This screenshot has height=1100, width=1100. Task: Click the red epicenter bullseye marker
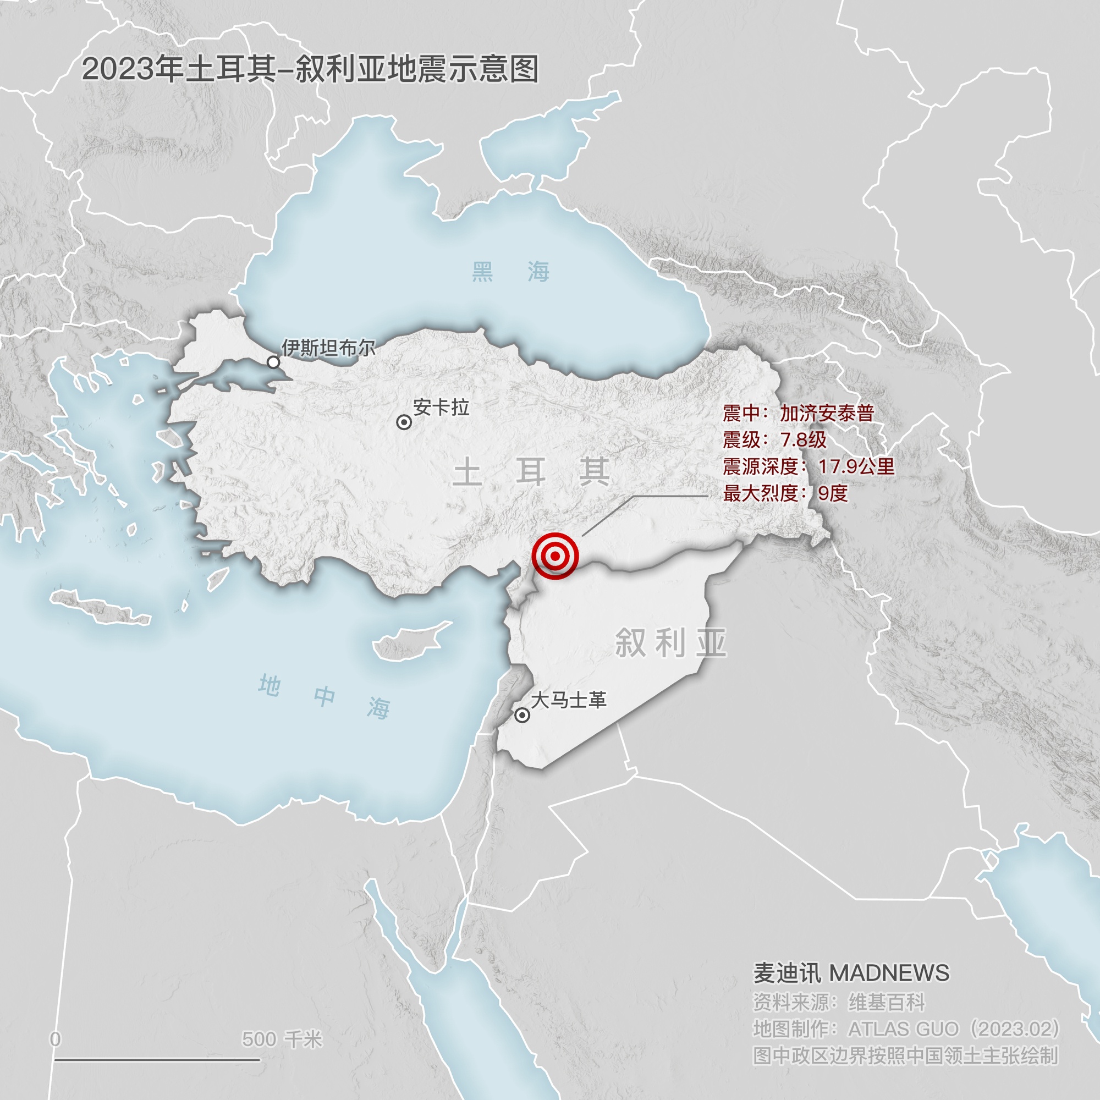point(554,555)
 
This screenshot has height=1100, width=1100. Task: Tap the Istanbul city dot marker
point(273,362)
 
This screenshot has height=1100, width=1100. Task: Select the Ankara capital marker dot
point(404,422)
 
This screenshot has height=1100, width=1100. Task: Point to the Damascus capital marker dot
point(521,715)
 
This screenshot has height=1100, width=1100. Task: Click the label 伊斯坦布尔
point(328,347)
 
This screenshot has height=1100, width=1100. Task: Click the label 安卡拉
point(441,407)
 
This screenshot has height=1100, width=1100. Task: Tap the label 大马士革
point(568,700)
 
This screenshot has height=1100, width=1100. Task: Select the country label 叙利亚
point(670,643)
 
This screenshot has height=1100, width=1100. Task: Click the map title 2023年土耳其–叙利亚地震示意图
point(310,69)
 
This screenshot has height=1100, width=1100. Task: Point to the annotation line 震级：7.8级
point(774,439)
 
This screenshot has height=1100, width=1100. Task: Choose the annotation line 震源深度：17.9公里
point(809,466)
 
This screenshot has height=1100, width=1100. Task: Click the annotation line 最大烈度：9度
point(786,493)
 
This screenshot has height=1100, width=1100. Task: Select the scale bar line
point(157,1060)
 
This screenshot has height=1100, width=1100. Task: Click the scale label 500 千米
point(282,1039)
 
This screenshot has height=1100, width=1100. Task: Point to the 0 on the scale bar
point(55,1039)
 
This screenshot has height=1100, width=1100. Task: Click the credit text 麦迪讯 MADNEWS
point(851,973)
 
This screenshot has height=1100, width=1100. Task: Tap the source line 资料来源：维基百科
point(839,1002)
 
